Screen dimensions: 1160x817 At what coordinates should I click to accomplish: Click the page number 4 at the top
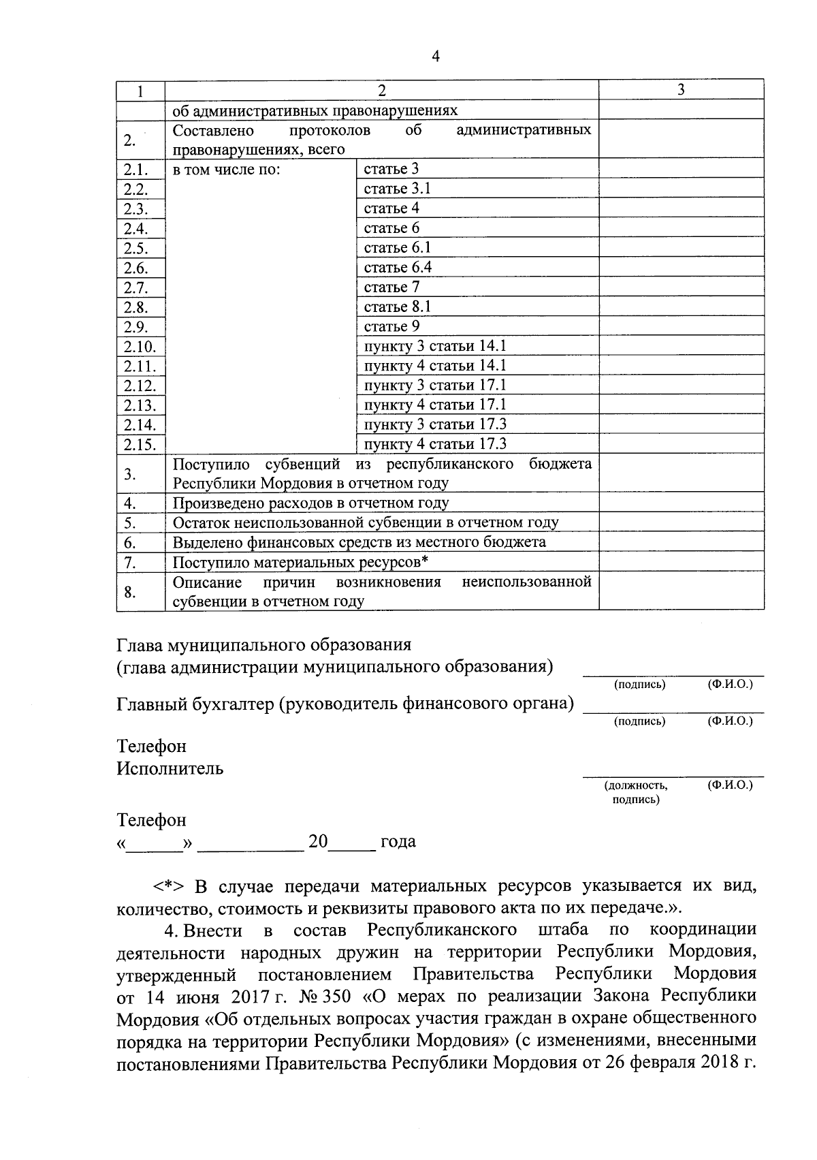click(x=436, y=57)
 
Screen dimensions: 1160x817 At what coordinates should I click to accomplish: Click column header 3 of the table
click(x=681, y=90)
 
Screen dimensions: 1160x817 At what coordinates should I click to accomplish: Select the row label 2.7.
click(x=135, y=288)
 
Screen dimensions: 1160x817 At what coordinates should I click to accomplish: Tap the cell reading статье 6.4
click(x=398, y=268)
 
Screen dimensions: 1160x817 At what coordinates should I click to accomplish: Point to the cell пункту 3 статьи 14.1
click(x=435, y=347)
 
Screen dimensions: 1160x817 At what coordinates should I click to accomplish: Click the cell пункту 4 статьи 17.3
click(x=435, y=445)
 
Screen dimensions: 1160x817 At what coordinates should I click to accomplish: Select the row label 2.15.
click(x=140, y=445)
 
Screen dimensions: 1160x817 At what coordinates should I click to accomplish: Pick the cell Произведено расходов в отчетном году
click(x=310, y=503)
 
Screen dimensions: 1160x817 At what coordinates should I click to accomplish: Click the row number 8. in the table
click(x=130, y=592)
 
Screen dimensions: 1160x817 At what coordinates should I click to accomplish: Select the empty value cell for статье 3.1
click(x=681, y=189)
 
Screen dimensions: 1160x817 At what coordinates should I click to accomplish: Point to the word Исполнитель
click(x=170, y=769)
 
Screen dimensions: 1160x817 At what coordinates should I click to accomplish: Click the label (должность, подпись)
click(x=636, y=792)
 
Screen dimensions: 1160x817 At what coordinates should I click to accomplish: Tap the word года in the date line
click(x=398, y=842)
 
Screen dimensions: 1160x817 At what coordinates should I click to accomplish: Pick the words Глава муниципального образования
click(x=264, y=645)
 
